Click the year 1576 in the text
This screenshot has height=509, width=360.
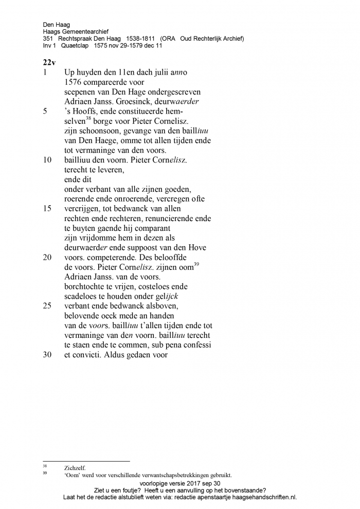click(x=74, y=82)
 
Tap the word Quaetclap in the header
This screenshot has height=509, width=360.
click(x=76, y=46)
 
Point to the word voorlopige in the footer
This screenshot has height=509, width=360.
click(x=155, y=483)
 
